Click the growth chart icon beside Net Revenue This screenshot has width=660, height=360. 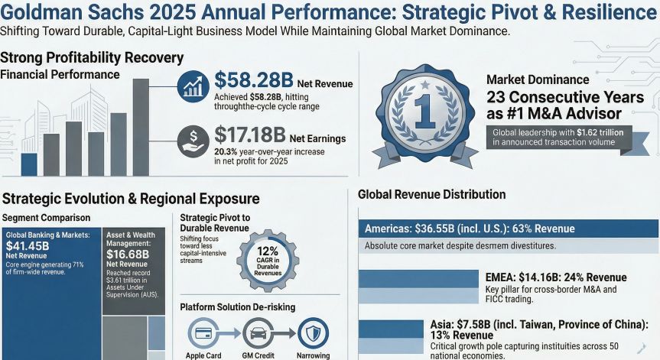[193, 86]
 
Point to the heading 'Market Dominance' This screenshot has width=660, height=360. [538, 79]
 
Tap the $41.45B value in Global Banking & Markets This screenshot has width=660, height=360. [28, 246]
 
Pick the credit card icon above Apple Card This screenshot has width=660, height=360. [204, 333]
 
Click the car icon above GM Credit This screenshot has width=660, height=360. [258, 333]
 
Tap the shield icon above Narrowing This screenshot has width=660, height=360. [311, 333]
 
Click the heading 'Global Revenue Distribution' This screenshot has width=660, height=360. [431, 195]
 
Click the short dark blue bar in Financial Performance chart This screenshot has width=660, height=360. [29, 164]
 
